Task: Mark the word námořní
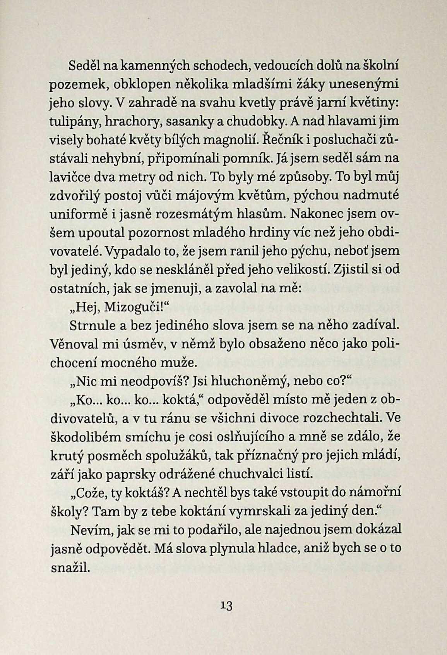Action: point(376,492)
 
